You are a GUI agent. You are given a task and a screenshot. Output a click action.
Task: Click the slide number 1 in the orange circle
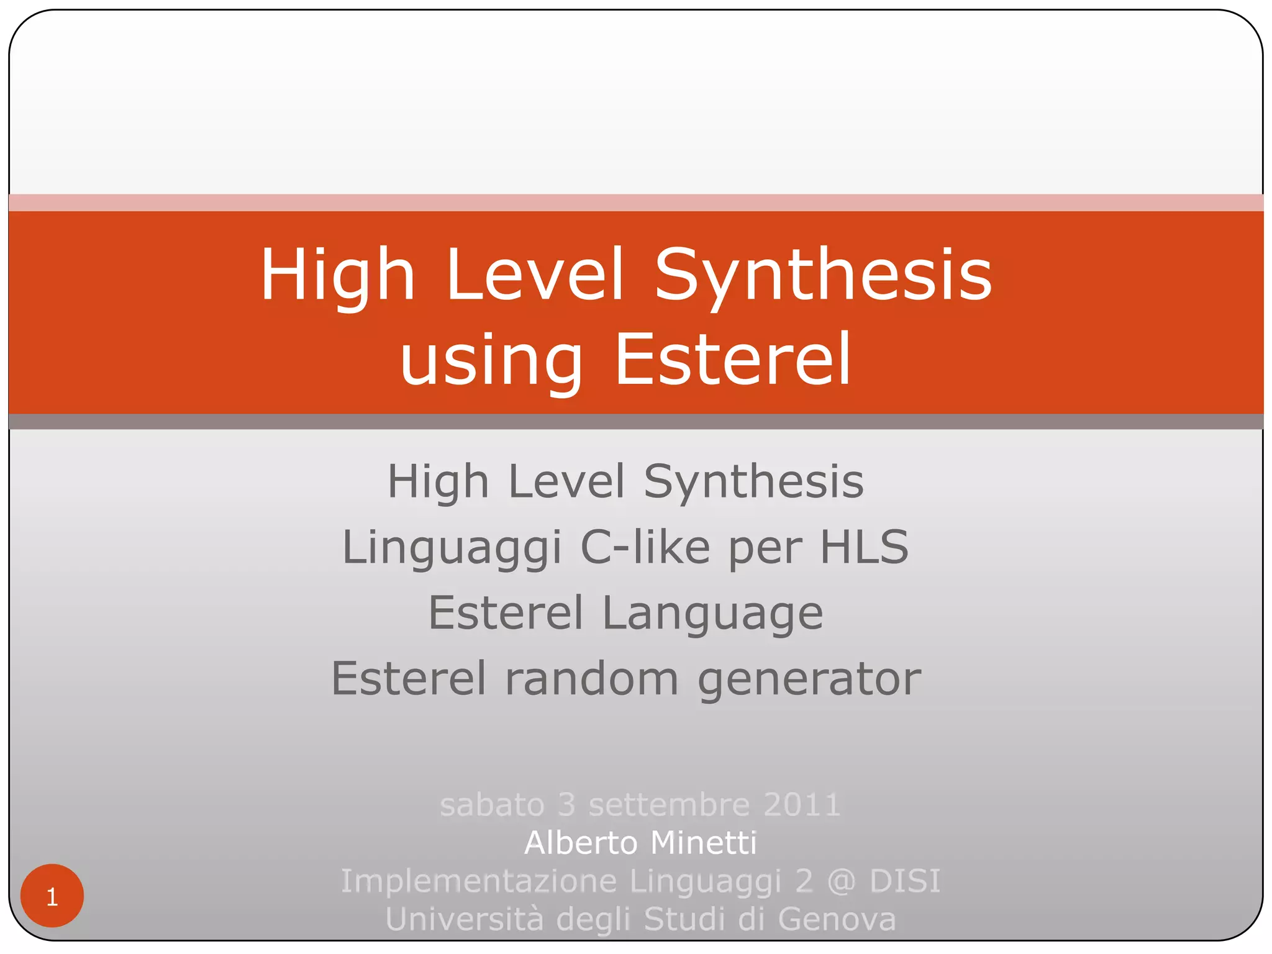52,897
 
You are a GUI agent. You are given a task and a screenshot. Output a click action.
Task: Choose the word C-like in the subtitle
645,547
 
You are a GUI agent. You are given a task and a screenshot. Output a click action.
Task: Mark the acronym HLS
864,547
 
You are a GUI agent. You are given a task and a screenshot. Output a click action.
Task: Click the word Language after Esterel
712,613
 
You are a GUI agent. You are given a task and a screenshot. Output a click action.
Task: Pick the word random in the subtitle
591,678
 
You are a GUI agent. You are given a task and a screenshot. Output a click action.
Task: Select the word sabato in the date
491,805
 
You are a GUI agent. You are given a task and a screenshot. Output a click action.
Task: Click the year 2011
802,805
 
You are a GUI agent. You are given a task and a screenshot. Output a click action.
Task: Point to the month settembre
669,805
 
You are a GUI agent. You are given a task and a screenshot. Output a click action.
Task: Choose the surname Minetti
704,843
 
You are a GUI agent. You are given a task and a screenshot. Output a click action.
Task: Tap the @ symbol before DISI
841,881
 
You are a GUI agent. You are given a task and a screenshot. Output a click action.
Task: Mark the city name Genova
837,919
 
